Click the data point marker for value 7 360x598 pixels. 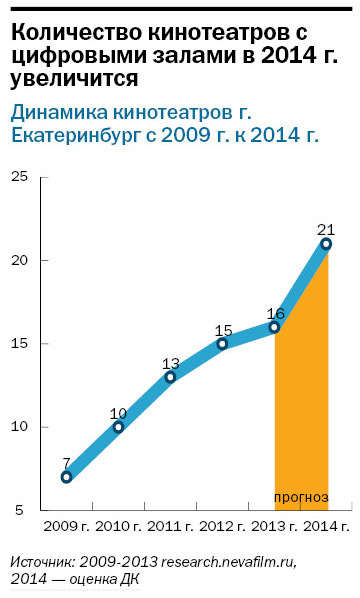(x=66, y=477)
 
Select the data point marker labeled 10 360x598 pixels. (x=118, y=427)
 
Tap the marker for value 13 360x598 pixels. (x=170, y=377)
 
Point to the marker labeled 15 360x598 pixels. (x=222, y=344)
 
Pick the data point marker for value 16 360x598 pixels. (x=274, y=327)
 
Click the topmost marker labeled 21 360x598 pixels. (x=326, y=244)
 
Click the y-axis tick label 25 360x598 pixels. (x=19, y=177)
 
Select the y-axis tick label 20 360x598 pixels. (x=19, y=260)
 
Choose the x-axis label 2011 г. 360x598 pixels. (x=170, y=526)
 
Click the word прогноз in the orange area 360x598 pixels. (x=300, y=498)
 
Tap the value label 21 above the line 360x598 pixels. (x=325, y=228)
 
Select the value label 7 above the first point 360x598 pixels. (x=66, y=463)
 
